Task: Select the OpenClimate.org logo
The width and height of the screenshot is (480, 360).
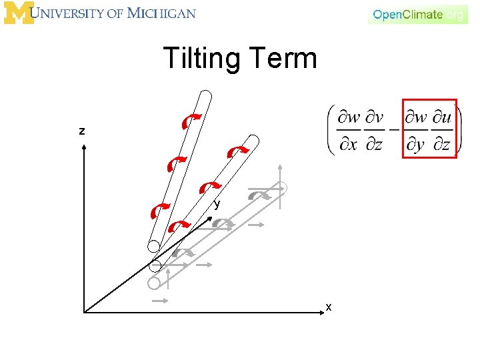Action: (x=418, y=14)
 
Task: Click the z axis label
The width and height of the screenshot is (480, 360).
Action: (x=82, y=131)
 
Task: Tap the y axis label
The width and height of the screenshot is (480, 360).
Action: (x=217, y=204)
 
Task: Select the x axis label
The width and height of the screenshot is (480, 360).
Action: (x=329, y=307)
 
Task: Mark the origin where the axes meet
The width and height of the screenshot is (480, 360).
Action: (x=85, y=311)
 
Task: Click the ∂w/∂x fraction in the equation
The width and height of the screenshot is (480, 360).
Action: (x=349, y=131)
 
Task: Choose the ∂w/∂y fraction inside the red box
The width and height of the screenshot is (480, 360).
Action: (x=417, y=131)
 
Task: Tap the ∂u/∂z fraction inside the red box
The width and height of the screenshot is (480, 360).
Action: (x=442, y=131)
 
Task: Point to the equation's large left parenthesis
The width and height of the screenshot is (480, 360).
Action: (x=331, y=131)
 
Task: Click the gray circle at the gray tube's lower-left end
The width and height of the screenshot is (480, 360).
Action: (x=154, y=283)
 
